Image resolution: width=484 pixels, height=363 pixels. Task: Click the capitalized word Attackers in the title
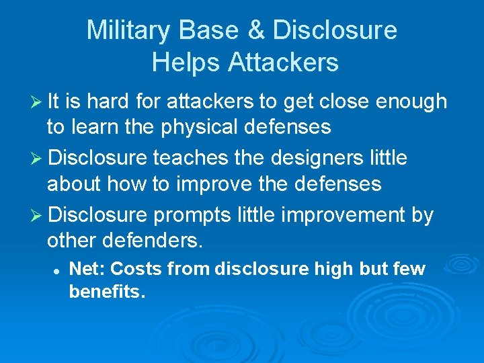coord(283,63)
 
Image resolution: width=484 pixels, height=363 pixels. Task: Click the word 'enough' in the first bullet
coord(411,102)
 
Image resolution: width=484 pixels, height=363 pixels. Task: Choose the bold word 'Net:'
coord(87,270)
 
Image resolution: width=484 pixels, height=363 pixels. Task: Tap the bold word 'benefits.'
coord(108,293)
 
